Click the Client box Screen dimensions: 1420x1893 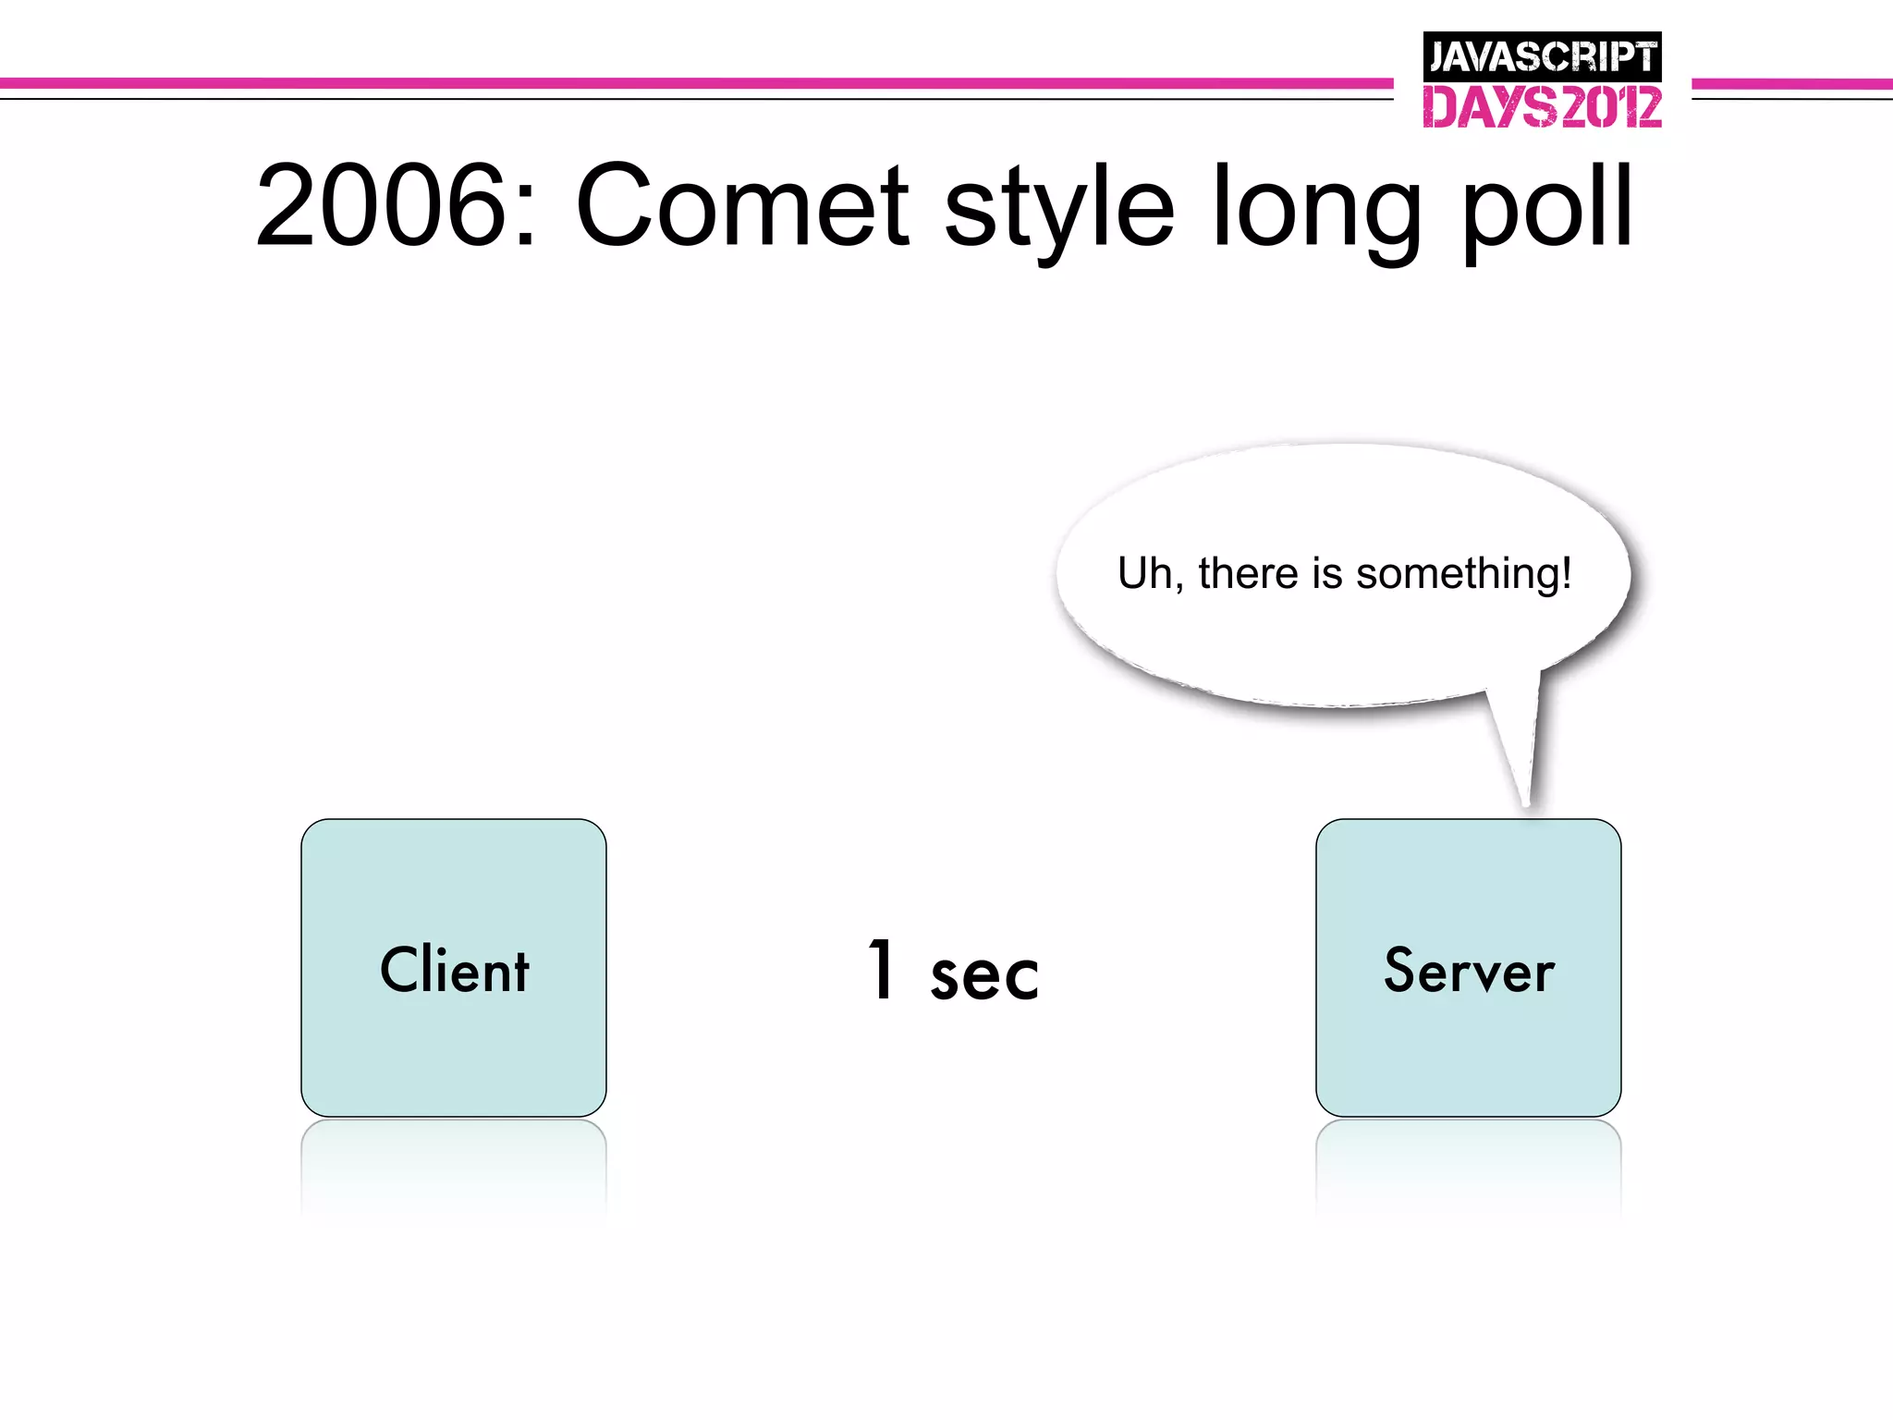[453, 967]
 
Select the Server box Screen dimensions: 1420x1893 [1468, 967]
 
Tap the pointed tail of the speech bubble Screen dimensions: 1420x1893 [1520, 758]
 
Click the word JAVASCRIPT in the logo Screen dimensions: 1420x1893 [1542, 57]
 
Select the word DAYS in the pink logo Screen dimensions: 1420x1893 [1489, 107]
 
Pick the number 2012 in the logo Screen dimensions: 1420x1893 [1609, 107]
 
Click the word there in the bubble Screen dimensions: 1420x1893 [1248, 573]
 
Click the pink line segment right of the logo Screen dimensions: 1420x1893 [1791, 84]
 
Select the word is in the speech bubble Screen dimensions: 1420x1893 [1326, 573]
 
